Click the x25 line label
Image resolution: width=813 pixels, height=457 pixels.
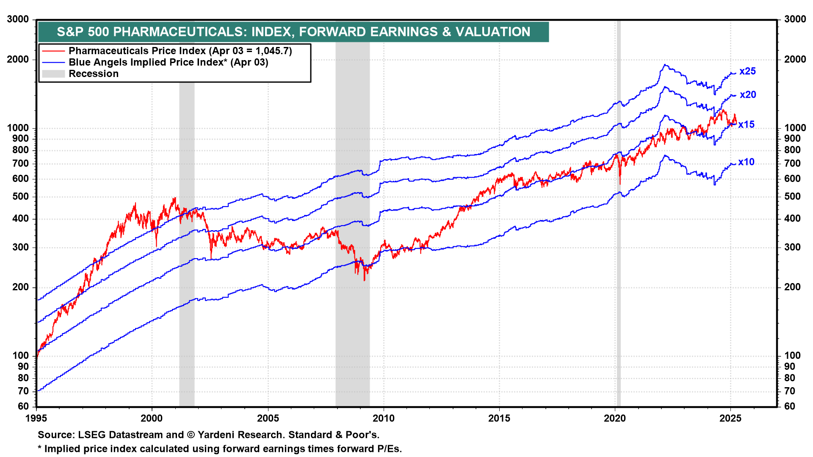(747, 72)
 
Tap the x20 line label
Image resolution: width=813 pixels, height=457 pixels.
(748, 95)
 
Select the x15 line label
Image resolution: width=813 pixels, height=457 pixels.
(746, 125)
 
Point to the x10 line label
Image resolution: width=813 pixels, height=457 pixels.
(746, 162)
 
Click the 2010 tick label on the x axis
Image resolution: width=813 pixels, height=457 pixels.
(383, 418)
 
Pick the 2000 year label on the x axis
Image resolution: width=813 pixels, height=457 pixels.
(152, 418)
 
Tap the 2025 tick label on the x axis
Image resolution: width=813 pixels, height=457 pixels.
(730, 418)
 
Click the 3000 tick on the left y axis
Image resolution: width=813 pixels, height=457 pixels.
(18, 19)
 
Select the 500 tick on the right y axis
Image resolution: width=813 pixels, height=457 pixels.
(792, 197)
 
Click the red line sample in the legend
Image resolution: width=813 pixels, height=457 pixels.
(53, 51)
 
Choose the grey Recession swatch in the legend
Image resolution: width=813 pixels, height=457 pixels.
(53, 74)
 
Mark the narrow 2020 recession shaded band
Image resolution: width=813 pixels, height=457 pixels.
(619, 254)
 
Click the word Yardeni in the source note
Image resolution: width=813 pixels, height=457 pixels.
(216, 435)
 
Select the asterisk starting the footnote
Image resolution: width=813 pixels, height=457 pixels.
(40, 449)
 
